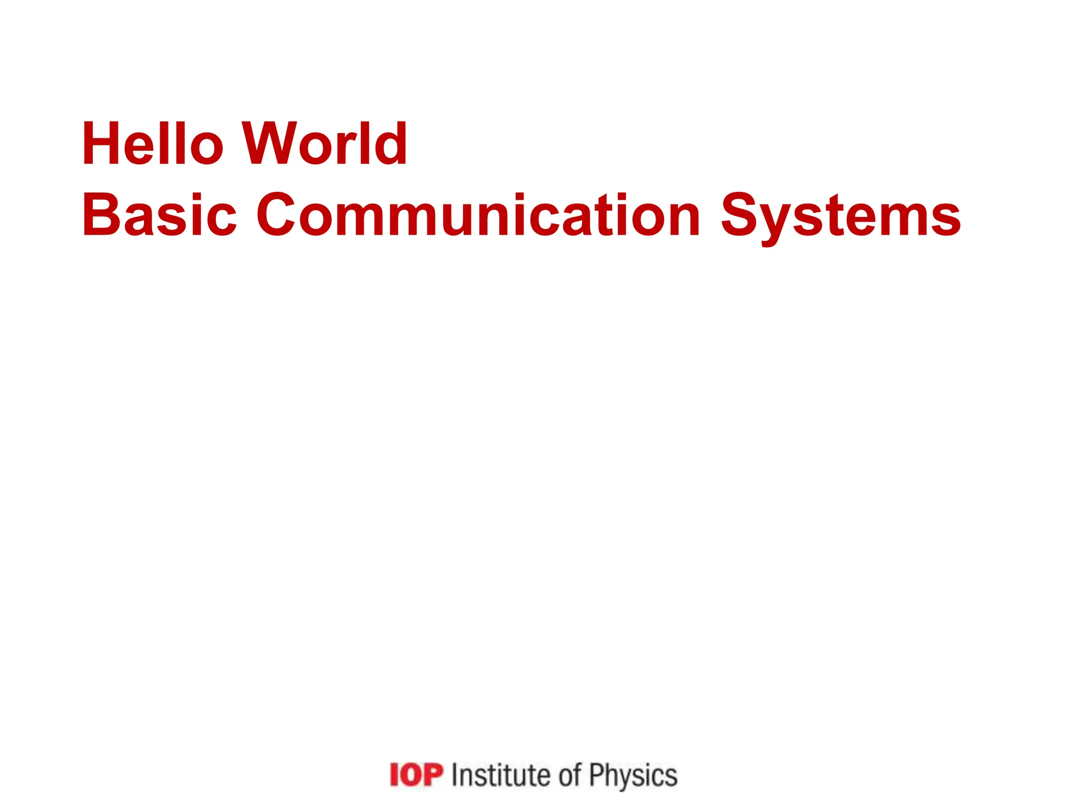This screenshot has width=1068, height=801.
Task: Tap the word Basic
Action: coord(159,214)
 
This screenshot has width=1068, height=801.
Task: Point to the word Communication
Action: coord(478,214)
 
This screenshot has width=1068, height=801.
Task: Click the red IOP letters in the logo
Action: coord(416,775)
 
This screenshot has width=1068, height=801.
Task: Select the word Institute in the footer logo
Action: coord(500,775)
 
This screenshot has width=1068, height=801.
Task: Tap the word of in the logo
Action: coord(569,775)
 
